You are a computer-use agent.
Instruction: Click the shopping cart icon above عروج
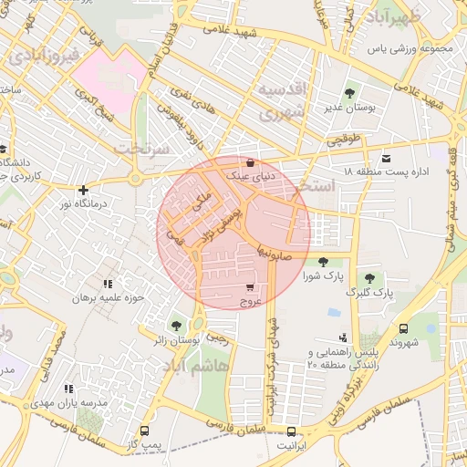pyautogui.click(x=250, y=287)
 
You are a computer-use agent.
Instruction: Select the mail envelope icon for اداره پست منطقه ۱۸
pyautogui.click(x=385, y=158)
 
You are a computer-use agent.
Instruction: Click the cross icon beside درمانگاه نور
pyautogui.click(x=83, y=191)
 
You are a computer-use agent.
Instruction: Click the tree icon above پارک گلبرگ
pyautogui.click(x=369, y=278)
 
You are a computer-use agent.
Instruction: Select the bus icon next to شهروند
pyautogui.click(x=403, y=328)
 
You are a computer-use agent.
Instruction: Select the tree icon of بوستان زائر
pyautogui.click(x=176, y=326)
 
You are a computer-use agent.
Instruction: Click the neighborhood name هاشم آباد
pyautogui.click(x=193, y=365)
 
